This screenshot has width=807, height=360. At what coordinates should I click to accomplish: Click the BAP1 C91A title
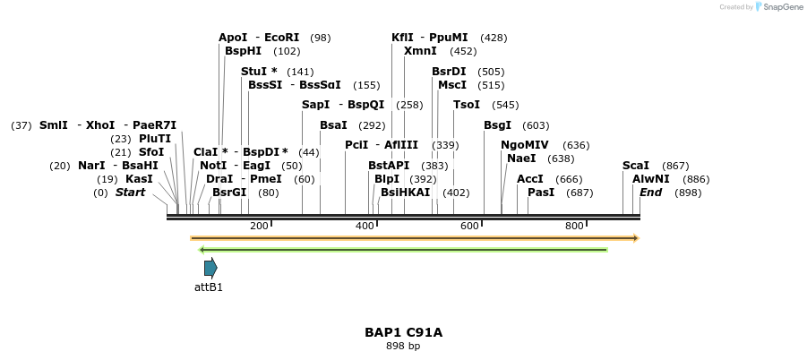pyautogui.click(x=403, y=332)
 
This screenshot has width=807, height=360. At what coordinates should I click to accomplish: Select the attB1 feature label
pyautogui.click(x=209, y=287)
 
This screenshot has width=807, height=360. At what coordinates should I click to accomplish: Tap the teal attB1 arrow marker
pyautogui.click(x=210, y=267)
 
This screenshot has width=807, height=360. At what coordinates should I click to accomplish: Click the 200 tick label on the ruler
pyautogui.click(x=260, y=226)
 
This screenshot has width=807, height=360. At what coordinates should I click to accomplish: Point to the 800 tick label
pyautogui.click(x=575, y=226)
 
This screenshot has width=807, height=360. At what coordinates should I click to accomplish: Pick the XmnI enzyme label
pyautogui.click(x=420, y=51)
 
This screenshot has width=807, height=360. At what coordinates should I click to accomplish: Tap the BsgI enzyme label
pyautogui.click(x=497, y=125)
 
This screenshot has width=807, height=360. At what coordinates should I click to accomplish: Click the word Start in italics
pyautogui.click(x=130, y=192)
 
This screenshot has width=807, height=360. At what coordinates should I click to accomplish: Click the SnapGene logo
pyautogui.click(x=778, y=7)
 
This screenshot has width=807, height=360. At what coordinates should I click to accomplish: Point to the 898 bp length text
pyautogui.click(x=403, y=346)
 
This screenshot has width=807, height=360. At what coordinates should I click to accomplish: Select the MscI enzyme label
pyautogui.click(x=452, y=85)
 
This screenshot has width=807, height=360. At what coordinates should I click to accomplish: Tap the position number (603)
pyautogui.click(x=536, y=125)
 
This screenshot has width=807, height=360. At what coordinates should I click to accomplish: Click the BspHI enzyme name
pyautogui.click(x=243, y=51)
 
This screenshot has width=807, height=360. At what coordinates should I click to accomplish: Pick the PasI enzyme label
pyautogui.click(x=542, y=192)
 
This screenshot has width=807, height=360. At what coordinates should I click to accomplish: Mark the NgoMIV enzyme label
pyautogui.click(x=525, y=145)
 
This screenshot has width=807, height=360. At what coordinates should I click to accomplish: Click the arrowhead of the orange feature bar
pyautogui.click(x=635, y=238)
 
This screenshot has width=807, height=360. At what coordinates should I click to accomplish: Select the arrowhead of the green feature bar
pyautogui.click(x=202, y=249)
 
